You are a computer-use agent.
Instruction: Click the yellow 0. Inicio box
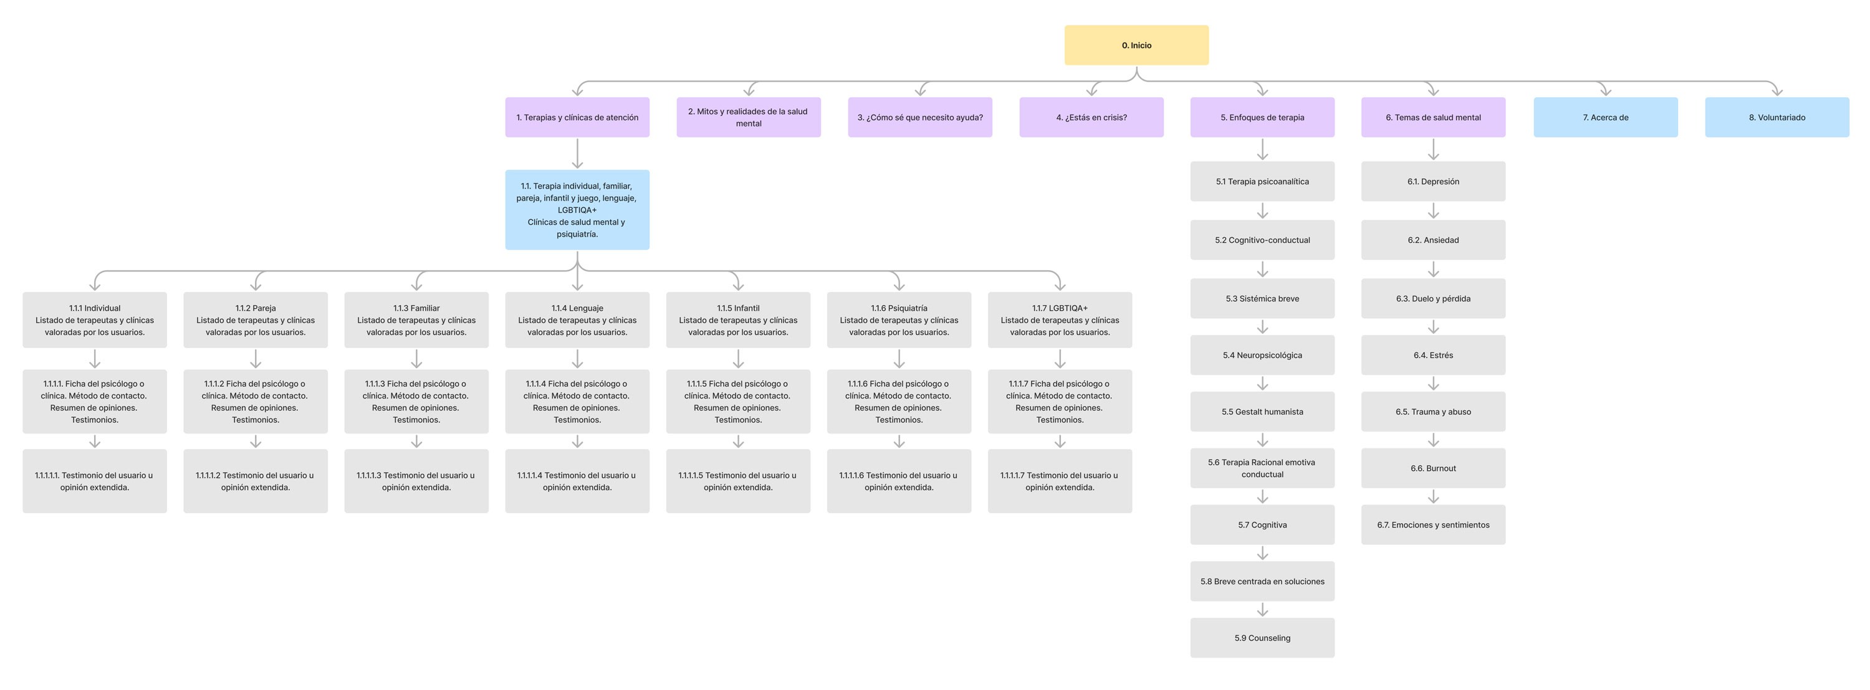tap(1136, 45)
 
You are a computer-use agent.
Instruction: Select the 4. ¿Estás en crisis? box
tap(1091, 117)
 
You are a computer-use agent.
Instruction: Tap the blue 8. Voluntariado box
tap(1776, 117)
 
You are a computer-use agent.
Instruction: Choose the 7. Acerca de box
tap(1605, 117)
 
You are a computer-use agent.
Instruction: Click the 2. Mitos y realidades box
tap(749, 117)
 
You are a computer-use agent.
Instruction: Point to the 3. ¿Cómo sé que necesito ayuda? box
tap(920, 117)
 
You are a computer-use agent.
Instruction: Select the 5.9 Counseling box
tap(1262, 638)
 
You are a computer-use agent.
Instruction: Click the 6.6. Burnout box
tap(1433, 468)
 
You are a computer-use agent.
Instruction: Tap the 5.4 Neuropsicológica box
tap(1262, 355)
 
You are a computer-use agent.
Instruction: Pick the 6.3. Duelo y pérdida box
tap(1433, 298)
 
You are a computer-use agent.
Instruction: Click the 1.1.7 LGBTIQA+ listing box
tap(1059, 320)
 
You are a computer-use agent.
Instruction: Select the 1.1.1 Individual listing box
tap(94, 320)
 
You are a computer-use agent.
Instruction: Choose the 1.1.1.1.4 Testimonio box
tap(577, 481)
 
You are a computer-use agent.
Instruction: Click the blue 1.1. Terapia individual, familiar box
tap(577, 210)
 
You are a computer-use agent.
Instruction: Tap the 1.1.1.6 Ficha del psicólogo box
tap(899, 401)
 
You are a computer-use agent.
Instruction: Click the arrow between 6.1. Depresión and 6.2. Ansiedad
tap(1433, 211)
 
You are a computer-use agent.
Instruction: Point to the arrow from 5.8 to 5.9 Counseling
tap(1262, 610)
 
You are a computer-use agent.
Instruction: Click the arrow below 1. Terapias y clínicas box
tap(577, 154)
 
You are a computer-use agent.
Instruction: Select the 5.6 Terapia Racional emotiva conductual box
tap(1262, 468)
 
